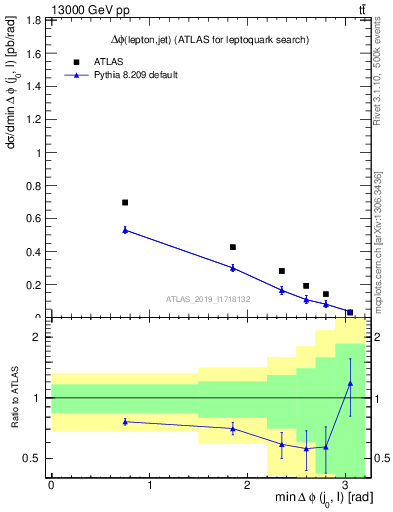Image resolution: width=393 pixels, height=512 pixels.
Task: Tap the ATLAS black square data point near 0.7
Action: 125,202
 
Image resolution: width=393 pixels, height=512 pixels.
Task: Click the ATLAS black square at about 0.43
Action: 233,247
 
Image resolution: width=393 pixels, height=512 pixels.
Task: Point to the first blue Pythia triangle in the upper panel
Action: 125,230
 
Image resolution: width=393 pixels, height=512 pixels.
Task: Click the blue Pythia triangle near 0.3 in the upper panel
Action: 233,268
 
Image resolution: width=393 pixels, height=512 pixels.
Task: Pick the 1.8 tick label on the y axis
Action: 32,20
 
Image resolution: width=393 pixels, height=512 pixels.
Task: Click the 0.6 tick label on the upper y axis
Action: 32,219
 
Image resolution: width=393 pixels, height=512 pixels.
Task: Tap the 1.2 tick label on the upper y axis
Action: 32,120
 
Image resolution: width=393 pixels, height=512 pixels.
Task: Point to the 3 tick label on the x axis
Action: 344,487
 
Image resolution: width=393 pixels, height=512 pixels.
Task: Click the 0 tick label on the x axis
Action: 51,487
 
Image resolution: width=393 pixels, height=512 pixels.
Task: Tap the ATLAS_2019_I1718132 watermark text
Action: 208,298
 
